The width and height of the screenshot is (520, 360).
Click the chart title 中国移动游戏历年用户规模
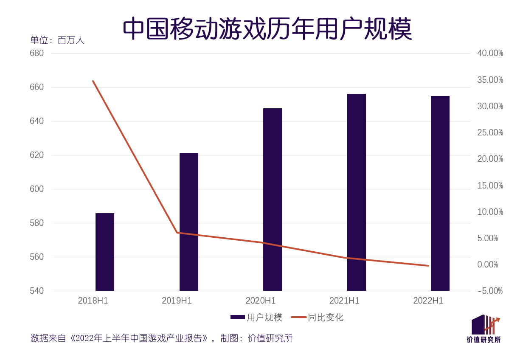[x=267, y=29]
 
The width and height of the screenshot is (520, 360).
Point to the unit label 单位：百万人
[x=57, y=40]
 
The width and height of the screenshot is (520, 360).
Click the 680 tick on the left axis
[x=37, y=53]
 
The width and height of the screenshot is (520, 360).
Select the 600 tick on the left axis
[x=37, y=189]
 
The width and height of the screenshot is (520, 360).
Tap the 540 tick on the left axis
[x=37, y=291]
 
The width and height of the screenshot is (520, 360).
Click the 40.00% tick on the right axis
[x=490, y=53]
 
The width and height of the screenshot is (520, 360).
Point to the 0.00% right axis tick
[x=488, y=264]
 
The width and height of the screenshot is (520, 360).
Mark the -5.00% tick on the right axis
[x=490, y=291]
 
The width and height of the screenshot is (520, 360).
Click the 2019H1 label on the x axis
[x=177, y=301]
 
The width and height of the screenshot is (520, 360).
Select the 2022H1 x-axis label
[x=428, y=301]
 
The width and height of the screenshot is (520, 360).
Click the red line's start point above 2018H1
[x=93, y=81]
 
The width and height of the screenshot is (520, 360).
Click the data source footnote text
[x=161, y=338]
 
